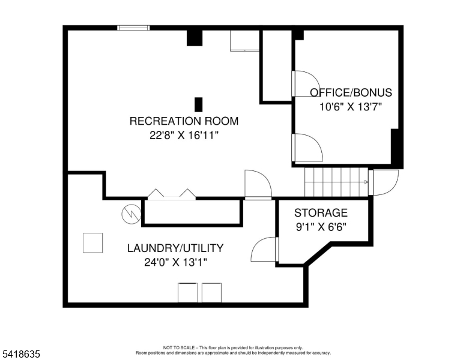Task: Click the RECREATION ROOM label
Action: tap(184, 121)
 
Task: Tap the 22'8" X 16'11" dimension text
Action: tap(184, 136)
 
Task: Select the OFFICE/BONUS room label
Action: tap(351, 92)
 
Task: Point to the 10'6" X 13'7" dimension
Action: tap(350, 107)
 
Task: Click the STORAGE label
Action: tap(321, 213)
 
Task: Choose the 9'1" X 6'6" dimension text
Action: tap(321, 227)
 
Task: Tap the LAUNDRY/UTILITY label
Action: tap(175, 248)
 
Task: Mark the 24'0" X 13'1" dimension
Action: tap(175, 263)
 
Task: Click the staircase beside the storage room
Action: tap(336, 182)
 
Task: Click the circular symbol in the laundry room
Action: tap(132, 214)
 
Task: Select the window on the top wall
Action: tap(133, 28)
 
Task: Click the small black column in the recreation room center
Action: tap(199, 104)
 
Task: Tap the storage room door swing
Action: tap(264, 250)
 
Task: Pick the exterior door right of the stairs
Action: tap(383, 182)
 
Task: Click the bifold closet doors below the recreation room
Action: tap(172, 194)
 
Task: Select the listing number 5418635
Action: tap(21, 354)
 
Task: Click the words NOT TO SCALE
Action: tap(179, 347)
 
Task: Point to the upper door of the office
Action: tap(306, 84)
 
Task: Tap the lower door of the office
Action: tap(307, 148)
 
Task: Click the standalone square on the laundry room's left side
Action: tap(92, 243)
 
